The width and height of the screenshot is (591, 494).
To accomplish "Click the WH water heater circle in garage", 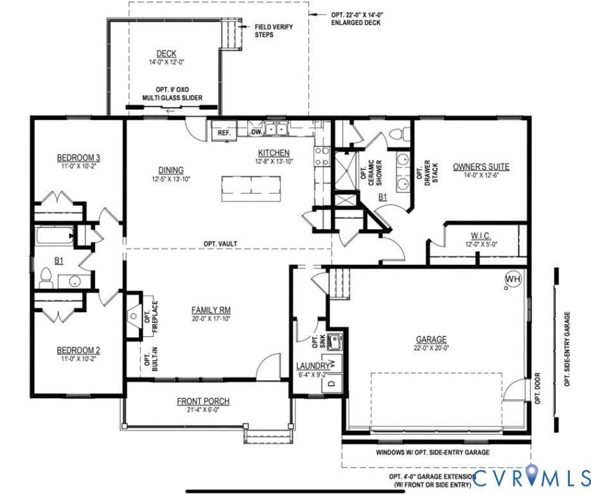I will pyautogui.click(x=513, y=279).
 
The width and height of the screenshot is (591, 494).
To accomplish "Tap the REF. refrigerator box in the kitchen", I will pyautogui.click(x=224, y=132).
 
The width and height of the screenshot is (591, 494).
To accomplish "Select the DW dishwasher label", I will pyautogui.click(x=255, y=132).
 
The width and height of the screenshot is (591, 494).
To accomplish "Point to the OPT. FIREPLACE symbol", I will pyautogui.click(x=134, y=316).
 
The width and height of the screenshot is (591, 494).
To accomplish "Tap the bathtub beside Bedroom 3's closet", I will pyautogui.click(x=52, y=235).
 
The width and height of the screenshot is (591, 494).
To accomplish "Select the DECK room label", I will pyautogui.click(x=166, y=54).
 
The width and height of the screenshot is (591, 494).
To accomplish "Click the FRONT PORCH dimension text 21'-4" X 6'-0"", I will pyautogui.click(x=203, y=410).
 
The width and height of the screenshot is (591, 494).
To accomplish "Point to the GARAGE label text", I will pyautogui.click(x=431, y=340).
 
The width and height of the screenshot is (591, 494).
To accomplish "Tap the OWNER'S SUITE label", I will pyautogui.click(x=481, y=167).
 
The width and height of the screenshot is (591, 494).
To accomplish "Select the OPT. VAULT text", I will pyautogui.click(x=221, y=243).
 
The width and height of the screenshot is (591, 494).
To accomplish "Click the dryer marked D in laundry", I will pyautogui.click(x=331, y=383).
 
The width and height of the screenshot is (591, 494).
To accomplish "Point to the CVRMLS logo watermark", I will pyautogui.click(x=531, y=477).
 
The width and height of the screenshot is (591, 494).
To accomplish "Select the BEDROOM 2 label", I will pyautogui.click(x=78, y=350).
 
